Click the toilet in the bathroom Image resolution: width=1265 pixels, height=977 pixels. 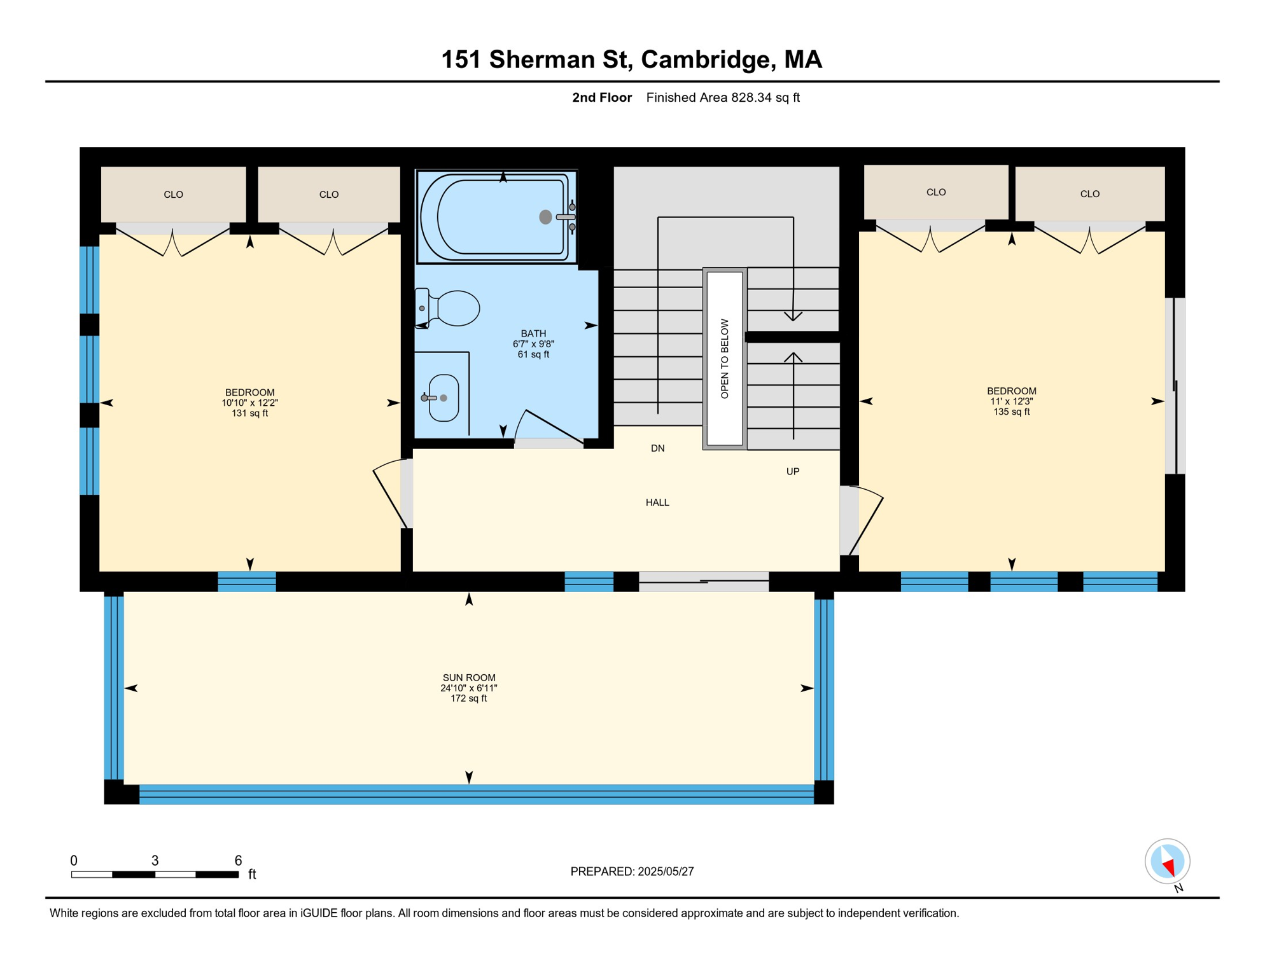click(x=453, y=308)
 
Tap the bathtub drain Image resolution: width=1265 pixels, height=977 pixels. click(x=545, y=217)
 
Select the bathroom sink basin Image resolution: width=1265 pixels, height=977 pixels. click(x=444, y=398)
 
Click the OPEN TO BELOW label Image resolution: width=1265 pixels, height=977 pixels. click(x=725, y=359)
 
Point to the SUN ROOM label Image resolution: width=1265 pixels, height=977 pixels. click(x=469, y=678)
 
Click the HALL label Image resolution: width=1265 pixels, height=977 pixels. click(x=657, y=502)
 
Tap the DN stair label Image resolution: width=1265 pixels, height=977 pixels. click(x=657, y=448)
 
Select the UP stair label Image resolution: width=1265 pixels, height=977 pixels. click(x=793, y=471)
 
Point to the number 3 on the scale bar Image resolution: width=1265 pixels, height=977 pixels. click(x=155, y=861)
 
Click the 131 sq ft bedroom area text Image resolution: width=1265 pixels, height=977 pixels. click(x=249, y=413)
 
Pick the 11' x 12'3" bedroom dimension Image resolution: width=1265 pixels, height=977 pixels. click(x=1011, y=401)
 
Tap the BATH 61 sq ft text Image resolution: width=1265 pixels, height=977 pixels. click(x=533, y=354)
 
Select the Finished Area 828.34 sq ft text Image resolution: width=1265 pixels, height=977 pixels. click(x=723, y=97)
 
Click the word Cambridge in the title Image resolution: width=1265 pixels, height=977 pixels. click(x=708, y=59)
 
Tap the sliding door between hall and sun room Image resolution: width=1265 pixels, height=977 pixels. click(x=704, y=581)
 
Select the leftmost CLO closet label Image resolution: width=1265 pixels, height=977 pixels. click(x=173, y=195)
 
